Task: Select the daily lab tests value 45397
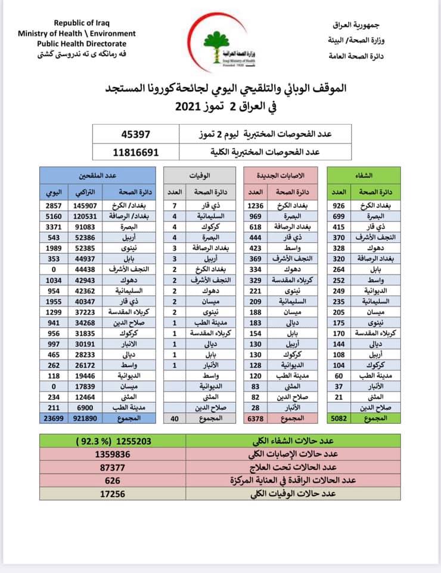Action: [136, 134]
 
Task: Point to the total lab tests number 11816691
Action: [136, 152]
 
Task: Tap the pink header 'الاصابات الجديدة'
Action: [285, 176]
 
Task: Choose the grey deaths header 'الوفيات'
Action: [203, 176]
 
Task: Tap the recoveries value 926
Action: [338, 205]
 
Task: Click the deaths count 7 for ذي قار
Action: [175, 205]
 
